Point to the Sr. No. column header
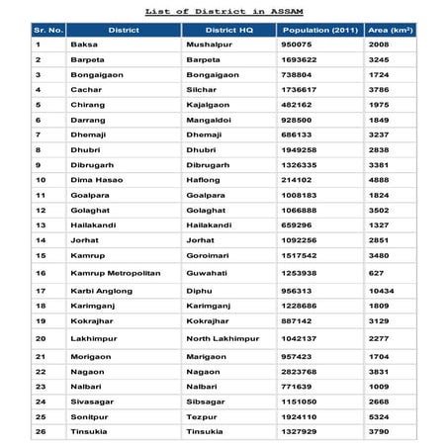tap(47, 31)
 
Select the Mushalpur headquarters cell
tap(209, 45)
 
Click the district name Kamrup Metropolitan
tap(114, 272)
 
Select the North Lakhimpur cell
tap(220, 338)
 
